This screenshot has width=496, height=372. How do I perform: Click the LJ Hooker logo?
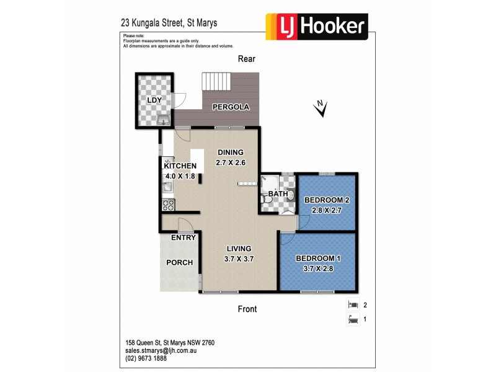(x=317, y=26)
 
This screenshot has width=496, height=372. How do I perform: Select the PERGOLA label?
(x=231, y=107)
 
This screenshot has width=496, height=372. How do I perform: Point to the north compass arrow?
(x=321, y=109)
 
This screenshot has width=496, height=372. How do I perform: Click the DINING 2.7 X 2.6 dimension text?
(x=231, y=163)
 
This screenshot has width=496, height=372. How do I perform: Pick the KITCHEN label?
(x=180, y=166)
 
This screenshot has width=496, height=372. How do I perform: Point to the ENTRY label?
(x=184, y=237)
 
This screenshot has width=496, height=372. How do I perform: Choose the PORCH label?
(x=179, y=262)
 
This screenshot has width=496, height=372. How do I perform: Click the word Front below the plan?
(x=246, y=309)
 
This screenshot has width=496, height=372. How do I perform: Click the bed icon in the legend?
(x=353, y=305)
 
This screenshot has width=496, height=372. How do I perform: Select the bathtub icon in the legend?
(x=353, y=320)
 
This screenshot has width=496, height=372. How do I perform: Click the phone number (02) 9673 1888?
(x=146, y=358)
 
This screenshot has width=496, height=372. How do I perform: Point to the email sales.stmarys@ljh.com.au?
(x=160, y=350)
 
